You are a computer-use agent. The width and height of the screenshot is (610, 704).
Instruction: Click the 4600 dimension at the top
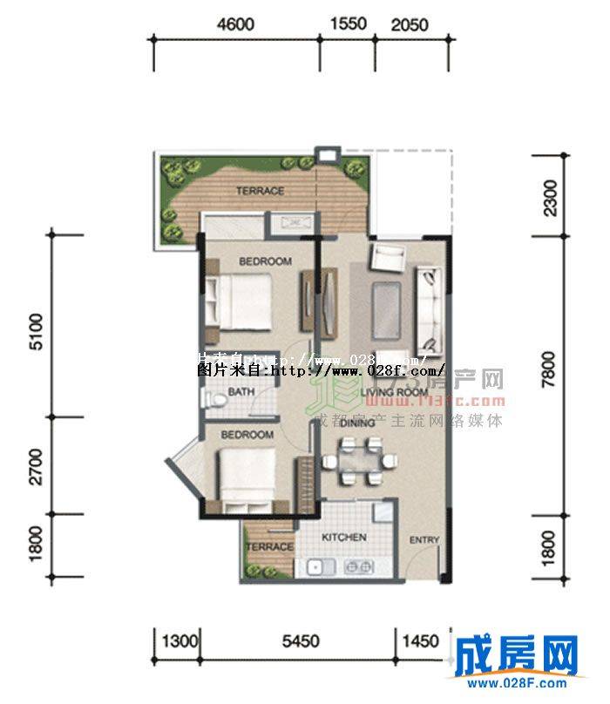pos(236,25)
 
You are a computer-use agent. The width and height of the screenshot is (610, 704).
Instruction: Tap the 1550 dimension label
pos(350,25)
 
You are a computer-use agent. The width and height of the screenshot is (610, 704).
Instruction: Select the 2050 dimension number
pos(409,25)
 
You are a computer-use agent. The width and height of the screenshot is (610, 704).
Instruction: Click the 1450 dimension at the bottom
pos(421,642)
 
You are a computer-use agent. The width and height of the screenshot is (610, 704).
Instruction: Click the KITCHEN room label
pos(343,538)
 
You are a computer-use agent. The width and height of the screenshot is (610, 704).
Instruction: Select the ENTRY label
pos(424,541)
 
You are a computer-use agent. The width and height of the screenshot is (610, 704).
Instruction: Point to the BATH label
pos(241,393)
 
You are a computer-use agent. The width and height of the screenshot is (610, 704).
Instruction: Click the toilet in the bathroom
pos(212,399)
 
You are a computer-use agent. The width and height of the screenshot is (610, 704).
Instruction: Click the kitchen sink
pos(318,567)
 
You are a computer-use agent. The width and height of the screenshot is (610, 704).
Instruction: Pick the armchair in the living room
pos(387,258)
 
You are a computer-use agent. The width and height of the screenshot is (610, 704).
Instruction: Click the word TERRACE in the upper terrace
pos(260,191)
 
